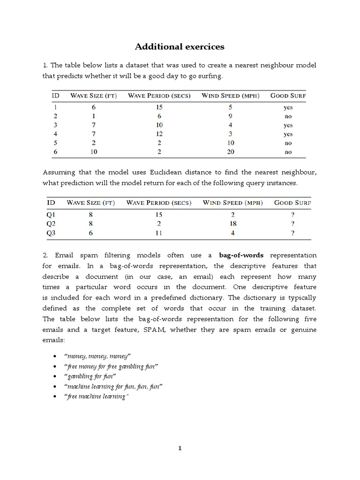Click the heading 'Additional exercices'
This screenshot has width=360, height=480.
pyautogui.click(x=180, y=46)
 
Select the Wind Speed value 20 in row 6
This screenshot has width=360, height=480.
pyautogui.click(x=230, y=152)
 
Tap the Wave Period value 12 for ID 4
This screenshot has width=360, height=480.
pyautogui.click(x=159, y=134)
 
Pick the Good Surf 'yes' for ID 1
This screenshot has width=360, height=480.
pyautogui.click(x=288, y=107)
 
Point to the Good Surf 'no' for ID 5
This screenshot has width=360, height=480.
pyautogui.click(x=288, y=143)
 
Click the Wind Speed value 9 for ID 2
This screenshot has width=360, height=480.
pyautogui.click(x=230, y=116)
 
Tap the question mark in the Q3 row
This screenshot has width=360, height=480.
pyautogui.click(x=292, y=232)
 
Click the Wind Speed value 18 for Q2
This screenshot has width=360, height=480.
pyautogui.click(x=233, y=224)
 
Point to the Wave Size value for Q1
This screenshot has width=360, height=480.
pyautogui.click(x=90, y=215)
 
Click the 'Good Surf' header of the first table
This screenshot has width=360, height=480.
pyautogui.click(x=288, y=96)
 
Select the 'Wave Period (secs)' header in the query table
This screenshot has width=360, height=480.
pyautogui.click(x=158, y=203)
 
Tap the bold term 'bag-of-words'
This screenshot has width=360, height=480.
pyautogui.click(x=241, y=255)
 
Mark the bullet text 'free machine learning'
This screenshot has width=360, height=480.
pyautogui.click(x=97, y=397)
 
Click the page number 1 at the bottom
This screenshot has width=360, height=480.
pyautogui.click(x=180, y=448)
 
